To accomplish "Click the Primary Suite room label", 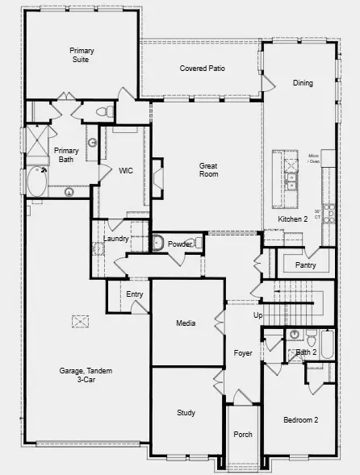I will (x=82, y=55).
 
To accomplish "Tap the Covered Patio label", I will (x=202, y=69).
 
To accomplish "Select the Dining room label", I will (x=303, y=82).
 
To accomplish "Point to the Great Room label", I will (x=209, y=169).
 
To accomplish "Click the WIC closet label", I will (x=125, y=170).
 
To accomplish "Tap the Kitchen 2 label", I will (x=293, y=219).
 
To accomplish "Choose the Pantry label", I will (x=305, y=265).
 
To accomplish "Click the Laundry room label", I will (x=118, y=239).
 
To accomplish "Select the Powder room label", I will (x=180, y=244).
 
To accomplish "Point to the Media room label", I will (x=186, y=323).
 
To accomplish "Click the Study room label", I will (x=186, y=413).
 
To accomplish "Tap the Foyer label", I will (x=243, y=353).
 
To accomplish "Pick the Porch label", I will (x=243, y=435).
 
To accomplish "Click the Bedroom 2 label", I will (x=300, y=420).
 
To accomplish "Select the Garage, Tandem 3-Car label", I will (x=86, y=374).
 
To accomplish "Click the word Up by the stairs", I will (x=257, y=315).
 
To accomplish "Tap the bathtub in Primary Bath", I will (x=37, y=181).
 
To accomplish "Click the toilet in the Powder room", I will (x=159, y=243).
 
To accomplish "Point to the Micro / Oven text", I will (x=314, y=158).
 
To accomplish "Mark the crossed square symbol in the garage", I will (x=81, y=322).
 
